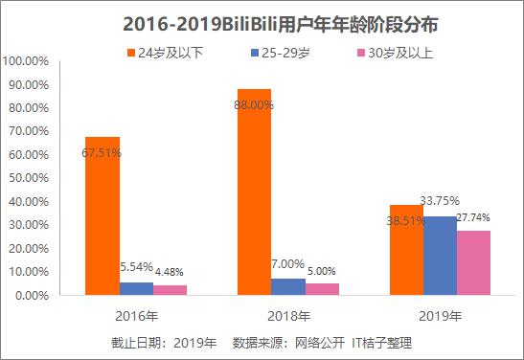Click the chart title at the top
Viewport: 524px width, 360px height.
(x=262, y=20)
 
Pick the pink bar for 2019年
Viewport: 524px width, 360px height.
(x=473, y=262)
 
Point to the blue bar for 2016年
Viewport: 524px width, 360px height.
(x=136, y=288)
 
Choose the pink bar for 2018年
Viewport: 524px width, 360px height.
(x=321, y=289)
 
